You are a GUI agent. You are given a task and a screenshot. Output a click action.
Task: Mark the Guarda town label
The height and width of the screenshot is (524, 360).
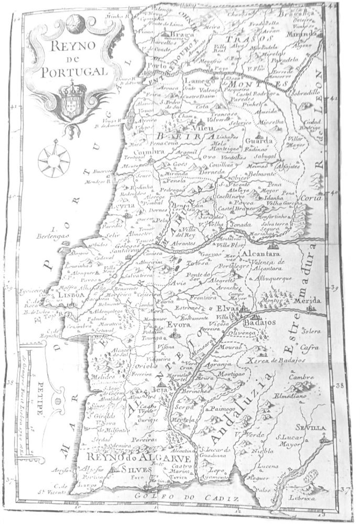point(261,141)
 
